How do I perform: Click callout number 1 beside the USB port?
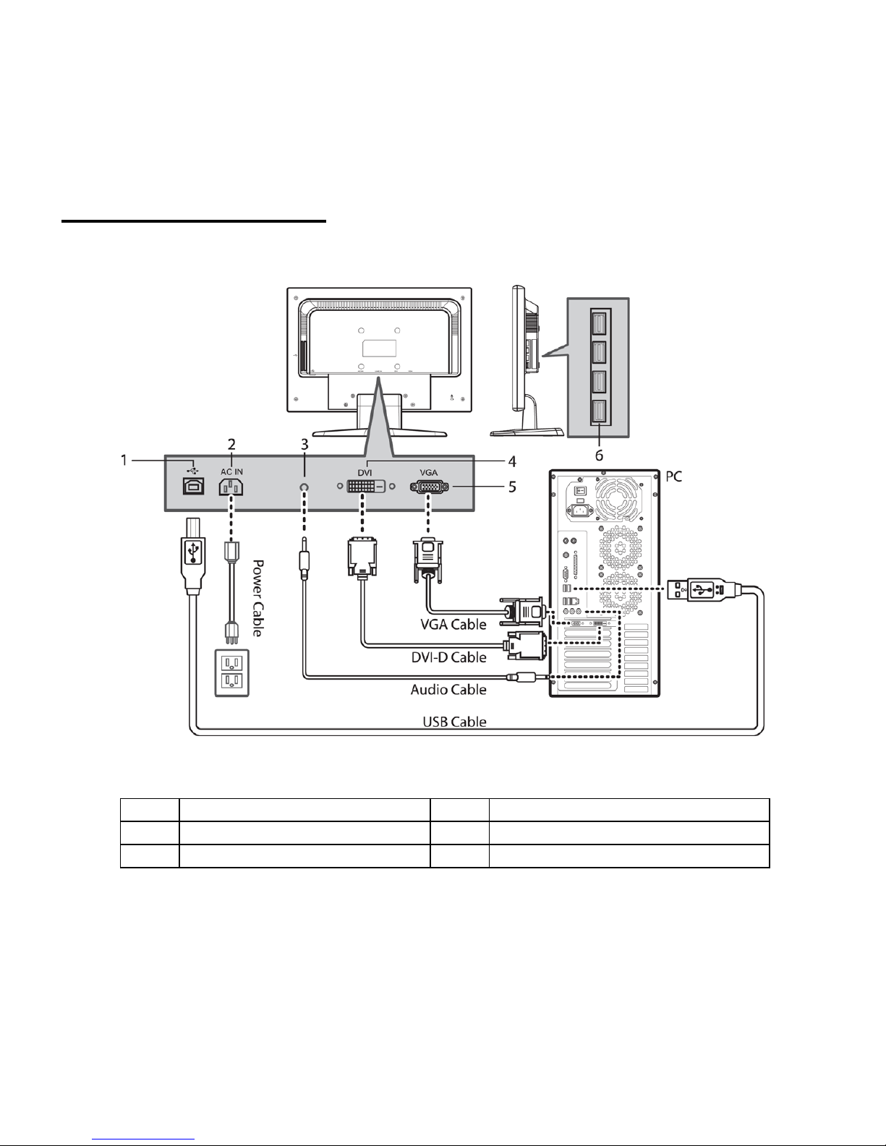click(x=124, y=461)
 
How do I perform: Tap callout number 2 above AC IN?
click(x=231, y=445)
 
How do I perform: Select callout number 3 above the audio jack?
click(x=304, y=445)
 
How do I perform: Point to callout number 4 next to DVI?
click(x=512, y=461)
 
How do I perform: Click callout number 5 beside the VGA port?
click(x=512, y=487)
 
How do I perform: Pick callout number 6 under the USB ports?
click(x=599, y=455)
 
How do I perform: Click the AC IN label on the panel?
click(x=231, y=472)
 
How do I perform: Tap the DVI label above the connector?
click(x=365, y=473)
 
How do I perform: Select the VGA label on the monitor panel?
click(x=429, y=473)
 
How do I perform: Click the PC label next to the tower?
click(x=674, y=476)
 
